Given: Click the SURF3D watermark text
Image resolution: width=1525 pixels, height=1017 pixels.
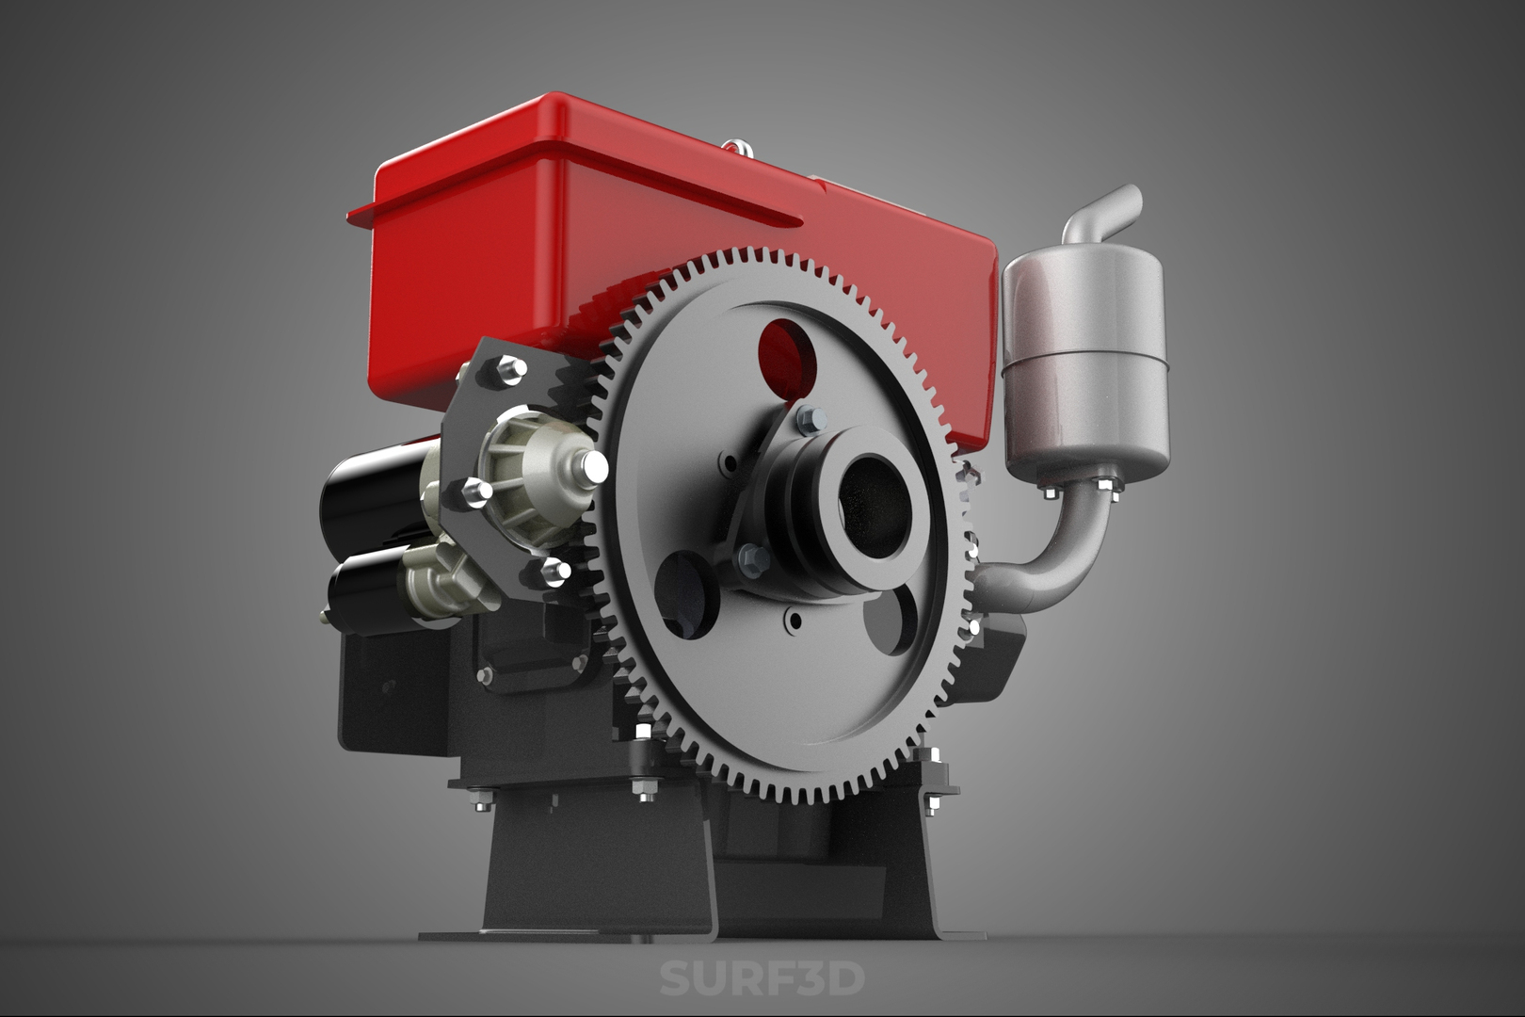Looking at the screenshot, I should (761, 978).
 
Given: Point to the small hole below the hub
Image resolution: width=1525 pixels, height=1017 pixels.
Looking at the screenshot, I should (796, 620).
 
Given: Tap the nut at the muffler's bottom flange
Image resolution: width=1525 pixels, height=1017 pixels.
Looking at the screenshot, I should (1107, 485).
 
